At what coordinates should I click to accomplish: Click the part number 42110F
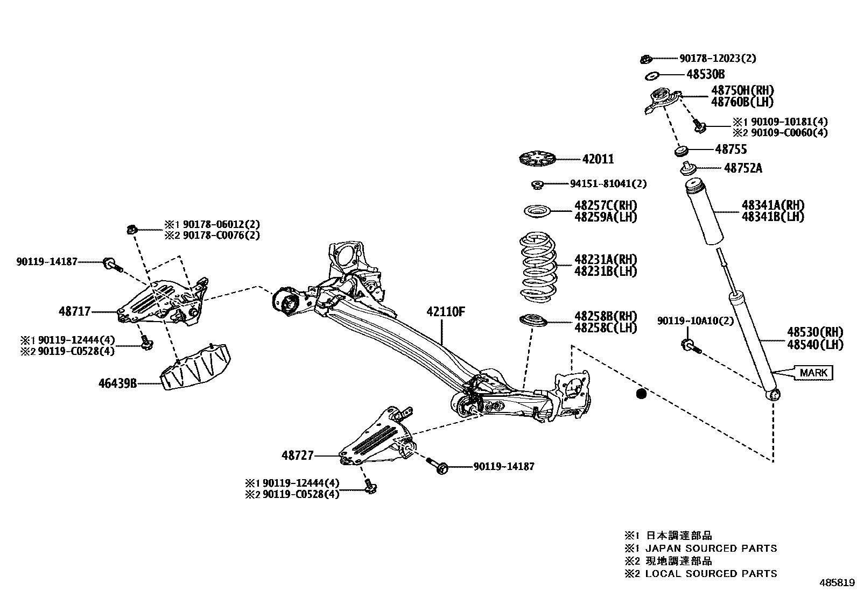(x=445, y=312)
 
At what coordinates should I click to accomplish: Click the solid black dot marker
(x=641, y=394)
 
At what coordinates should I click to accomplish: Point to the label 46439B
(x=117, y=383)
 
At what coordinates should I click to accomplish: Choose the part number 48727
(x=297, y=455)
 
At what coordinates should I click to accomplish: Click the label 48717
(x=75, y=311)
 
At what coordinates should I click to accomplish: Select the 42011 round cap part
(x=537, y=160)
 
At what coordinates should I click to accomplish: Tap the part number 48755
(x=731, y=149)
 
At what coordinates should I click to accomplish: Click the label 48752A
(x=743, y=168)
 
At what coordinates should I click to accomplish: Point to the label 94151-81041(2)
(x=608, y=184)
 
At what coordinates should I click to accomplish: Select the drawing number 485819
(x=837, y=582)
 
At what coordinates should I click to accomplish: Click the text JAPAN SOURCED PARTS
(x=711, y=549)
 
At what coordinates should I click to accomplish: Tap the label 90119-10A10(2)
(x=696, y=321)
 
